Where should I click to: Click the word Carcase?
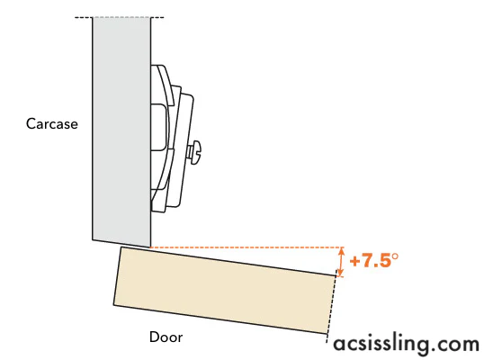click(x=52, y=124)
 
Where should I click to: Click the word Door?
click(x=166, y=337)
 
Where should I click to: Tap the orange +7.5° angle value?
click(x=374, y=260)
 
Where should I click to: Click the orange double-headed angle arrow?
click(x=341, y=262)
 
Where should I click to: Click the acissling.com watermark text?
click(x=407, y=344)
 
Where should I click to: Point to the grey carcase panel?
click(x=122, y=130)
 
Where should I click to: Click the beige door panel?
click(x=225, y=290)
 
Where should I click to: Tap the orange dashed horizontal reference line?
click(x=246, y=247)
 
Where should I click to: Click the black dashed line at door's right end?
click(x=331, y=306)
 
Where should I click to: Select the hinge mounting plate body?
click(x=171, y=139)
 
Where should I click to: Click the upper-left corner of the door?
click(x=121, y=247)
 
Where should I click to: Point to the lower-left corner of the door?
click(x=113, y=305)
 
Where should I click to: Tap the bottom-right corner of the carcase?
click(x=150, y=247)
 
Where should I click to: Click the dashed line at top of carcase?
click(x=119, y=17)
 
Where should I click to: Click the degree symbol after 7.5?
click(x=394, y=256)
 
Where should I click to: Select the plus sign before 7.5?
click(x=355, y=262)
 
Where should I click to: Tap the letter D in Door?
click(x=154, y=337)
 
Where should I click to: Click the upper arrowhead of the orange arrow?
click(x=341, y=250)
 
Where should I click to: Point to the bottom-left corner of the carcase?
click(x=93, y=239)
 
